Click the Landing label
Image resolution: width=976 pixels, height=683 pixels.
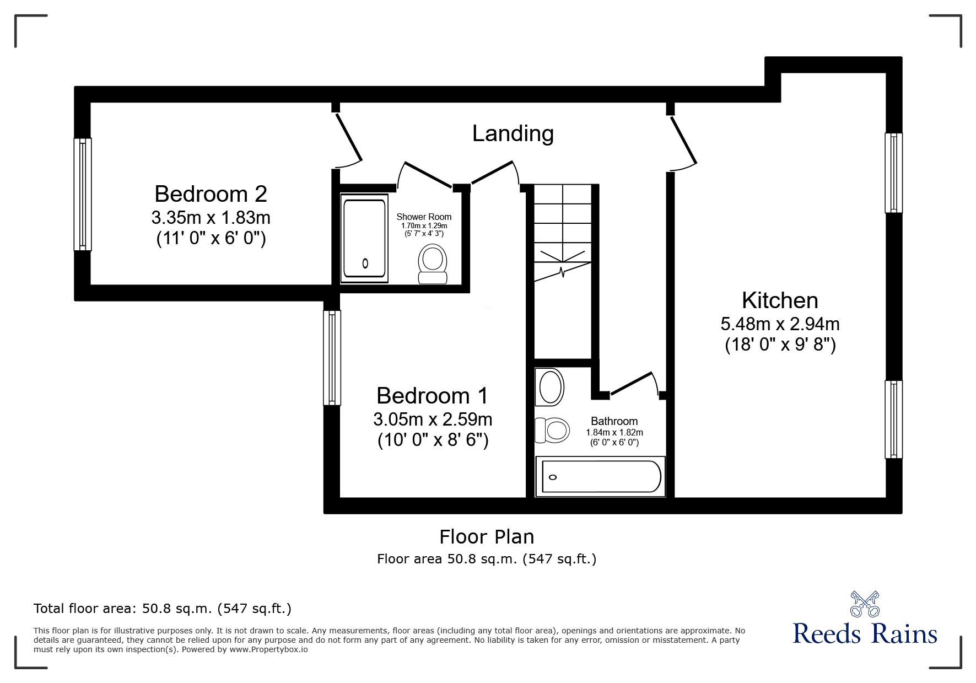pyautogui.click(x=513, y=133)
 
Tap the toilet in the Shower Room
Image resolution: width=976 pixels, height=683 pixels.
pyautogui.click(x=433, y=263)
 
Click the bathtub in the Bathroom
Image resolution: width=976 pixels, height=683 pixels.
pyautogui.click(x=601, y=476)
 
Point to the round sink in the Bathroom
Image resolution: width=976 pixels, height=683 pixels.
pyautogui.click(x=551, y=387)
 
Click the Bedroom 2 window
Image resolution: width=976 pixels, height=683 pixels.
pyautogui.click(x=83, y=194)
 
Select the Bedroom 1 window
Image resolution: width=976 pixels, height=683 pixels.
pyautogui.click(x=332, y=357)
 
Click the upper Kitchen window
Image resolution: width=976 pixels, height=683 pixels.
pyautogui.click(x=893, y=173)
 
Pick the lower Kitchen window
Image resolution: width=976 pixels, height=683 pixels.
pyautogui.click(x=893, y=419)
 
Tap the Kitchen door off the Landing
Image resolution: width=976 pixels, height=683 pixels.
pyautogui.click(x=683, y=141)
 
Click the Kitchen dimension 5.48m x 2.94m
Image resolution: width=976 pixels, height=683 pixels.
pyautogui.click(x=780, y=324)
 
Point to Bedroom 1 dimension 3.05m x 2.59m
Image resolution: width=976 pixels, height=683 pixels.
pyautogui.click(x=433, y=420)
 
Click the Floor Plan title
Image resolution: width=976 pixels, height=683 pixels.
pyautogui.click(x=486, y=536)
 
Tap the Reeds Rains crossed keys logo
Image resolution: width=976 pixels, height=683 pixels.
pyautogui.click(x=864, y=604)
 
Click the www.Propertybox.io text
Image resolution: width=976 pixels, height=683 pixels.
pyautogui.click(x=268, y=649)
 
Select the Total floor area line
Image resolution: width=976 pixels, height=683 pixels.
pyautogui.click(x=163, y=609)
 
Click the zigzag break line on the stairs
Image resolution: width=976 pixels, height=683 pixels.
pyautogui.click(x=562, y=271)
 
